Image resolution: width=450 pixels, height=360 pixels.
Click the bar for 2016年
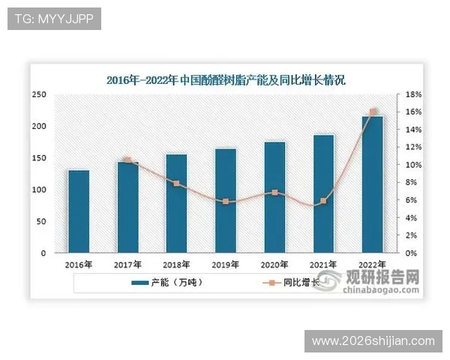(79, 211)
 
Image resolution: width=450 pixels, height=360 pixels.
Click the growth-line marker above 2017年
(127, 160)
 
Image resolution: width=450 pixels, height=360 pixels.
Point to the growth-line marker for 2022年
(373, 112)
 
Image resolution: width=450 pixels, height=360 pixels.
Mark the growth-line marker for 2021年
(323, 201)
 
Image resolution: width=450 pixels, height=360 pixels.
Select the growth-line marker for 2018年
(176, 184)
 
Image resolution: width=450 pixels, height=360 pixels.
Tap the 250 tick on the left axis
(39, 94)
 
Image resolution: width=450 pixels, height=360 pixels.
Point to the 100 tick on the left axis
(39, 190)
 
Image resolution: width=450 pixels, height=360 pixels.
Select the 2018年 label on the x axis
(176, 265)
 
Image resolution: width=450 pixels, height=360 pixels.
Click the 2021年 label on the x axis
(323, 265)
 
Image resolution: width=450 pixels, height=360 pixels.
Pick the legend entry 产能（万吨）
(168, 283)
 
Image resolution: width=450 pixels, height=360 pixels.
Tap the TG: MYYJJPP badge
(53, 18)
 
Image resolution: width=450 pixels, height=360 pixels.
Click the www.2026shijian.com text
(373, 341)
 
